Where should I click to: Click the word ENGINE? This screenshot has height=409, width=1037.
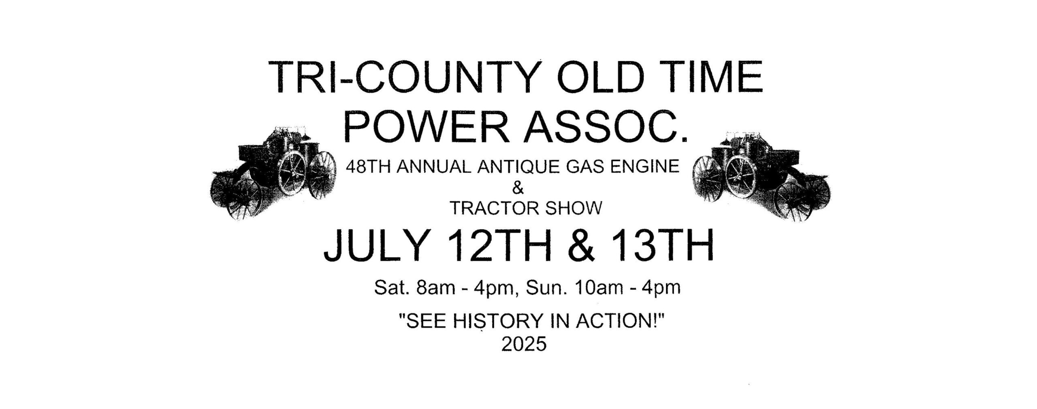tap(645, 167)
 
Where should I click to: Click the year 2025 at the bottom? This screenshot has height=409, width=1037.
tap(524, 345)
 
